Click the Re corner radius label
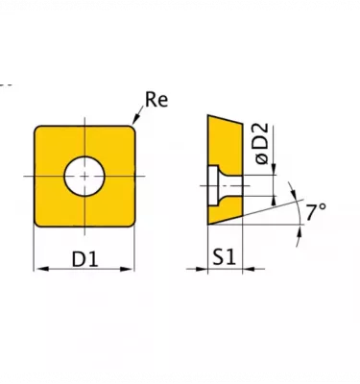click(x=156, y=99)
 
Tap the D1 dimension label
click(x=84, y=259)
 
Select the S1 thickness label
click(x=225, y=257)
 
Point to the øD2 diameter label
click(x=262, y=144)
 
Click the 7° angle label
click(x=316, y=212)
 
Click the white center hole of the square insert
click(x=84, y=176)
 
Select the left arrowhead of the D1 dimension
click(x=41, y=269)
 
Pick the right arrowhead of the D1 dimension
click(x=127, y=269)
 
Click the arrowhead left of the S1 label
click(x=201, y=269)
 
